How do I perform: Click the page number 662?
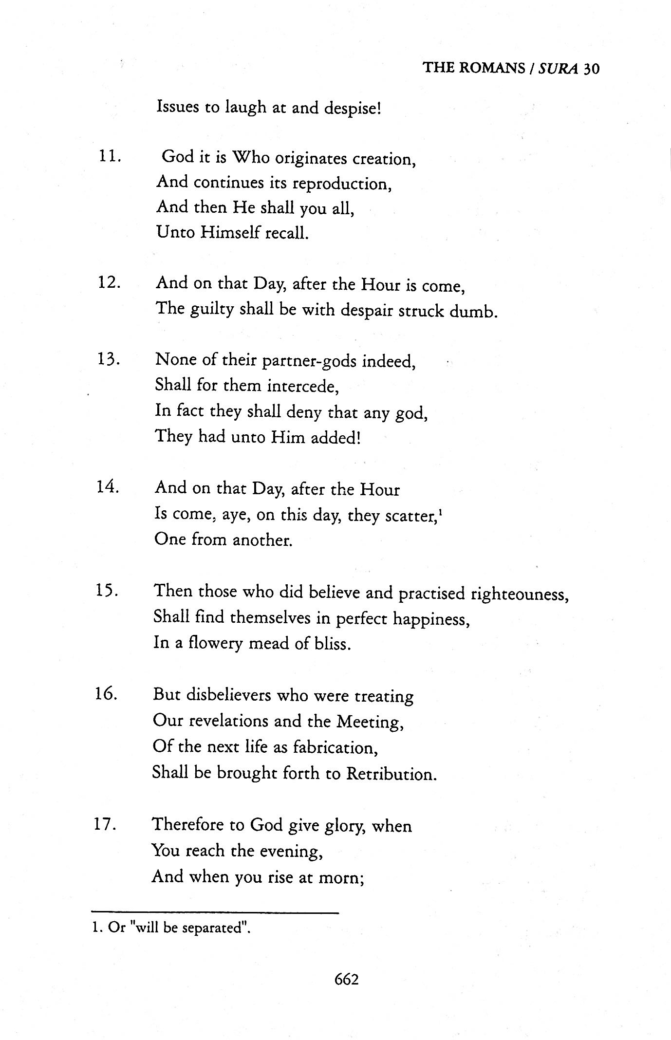click(346, 979)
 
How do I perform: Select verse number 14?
click(109, 487)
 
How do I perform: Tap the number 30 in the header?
click(591, 68)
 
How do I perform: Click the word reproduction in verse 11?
click(342, 184)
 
